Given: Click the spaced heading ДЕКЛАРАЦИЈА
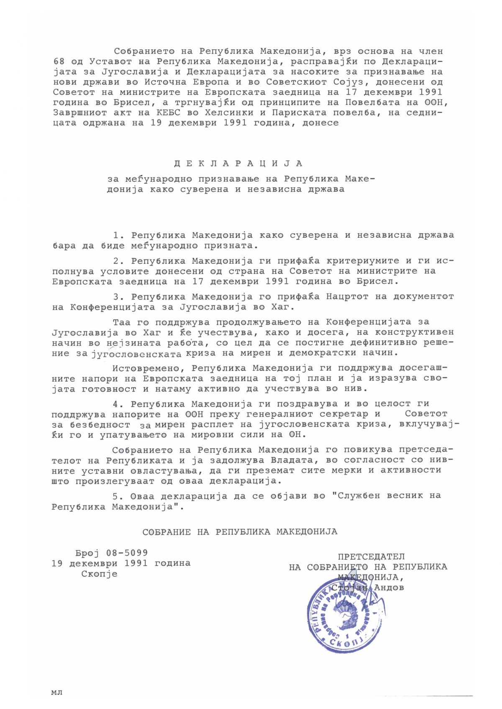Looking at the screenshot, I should point(238,163).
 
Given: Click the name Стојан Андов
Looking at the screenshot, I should point(368,587).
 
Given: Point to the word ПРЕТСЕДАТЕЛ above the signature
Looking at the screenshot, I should point(371,557).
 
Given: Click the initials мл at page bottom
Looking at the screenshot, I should point(56,693).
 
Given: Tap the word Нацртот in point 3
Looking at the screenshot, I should point(359,297).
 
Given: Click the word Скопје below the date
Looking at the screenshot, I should point(99,574).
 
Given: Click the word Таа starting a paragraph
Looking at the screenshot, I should point(122,322).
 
